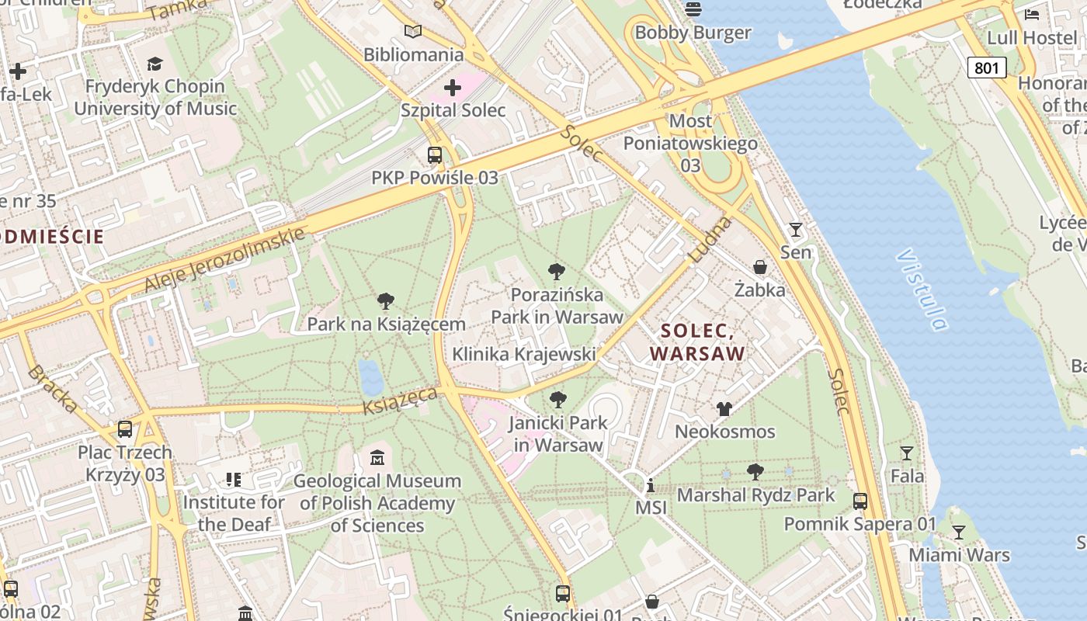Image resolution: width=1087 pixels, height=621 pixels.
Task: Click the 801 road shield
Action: [x=986, y=68]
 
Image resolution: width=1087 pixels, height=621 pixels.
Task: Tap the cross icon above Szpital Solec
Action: [x=453, y=87]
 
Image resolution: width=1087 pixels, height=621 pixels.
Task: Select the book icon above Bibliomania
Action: [x=413, y=32]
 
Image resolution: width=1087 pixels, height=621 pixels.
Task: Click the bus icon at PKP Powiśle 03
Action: [x=435, y=154]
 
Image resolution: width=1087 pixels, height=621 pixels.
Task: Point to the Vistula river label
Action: [x=922, y=289]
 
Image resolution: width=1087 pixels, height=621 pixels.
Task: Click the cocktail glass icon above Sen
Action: [x=795, y=229]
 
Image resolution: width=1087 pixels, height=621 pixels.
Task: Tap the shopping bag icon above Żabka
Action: [x=760, y=267]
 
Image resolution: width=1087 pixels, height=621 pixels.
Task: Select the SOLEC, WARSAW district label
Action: [x=697, y=342]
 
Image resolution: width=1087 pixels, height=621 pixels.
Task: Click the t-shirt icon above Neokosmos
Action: [x=724, y=408]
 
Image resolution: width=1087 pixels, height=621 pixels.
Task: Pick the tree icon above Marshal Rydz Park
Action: [x=755, y=471]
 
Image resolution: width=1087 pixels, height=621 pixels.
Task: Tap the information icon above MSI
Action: [x=651, y=486]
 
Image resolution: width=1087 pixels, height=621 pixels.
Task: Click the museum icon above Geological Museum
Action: [x=377, y=458]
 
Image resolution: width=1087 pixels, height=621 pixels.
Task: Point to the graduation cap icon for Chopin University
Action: [x=155, y=64]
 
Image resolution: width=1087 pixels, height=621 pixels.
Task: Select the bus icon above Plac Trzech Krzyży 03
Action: [x=125, y=428]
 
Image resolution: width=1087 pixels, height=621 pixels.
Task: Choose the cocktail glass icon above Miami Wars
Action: [x=959, y=532]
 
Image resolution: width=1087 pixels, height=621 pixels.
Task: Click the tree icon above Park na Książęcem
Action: [x=386, y=301]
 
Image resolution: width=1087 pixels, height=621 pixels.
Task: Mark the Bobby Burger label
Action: [x=693, y=33]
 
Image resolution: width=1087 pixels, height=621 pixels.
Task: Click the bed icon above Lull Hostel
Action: [x=1032, y=14]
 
